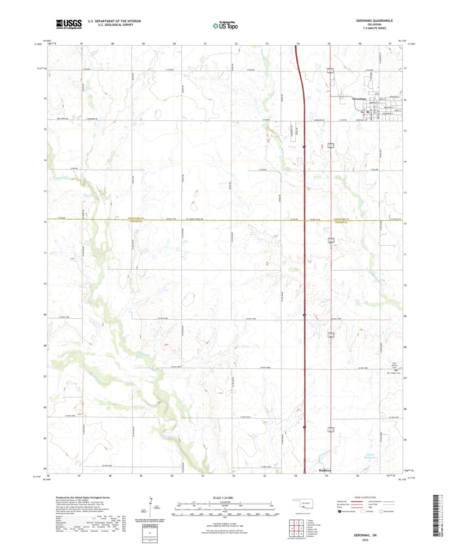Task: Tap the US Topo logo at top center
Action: (x=225, y=25)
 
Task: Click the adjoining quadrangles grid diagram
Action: (x=293, y=527)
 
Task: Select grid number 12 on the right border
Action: (x=406, y=223)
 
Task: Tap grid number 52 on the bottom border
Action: (x=235, y=476)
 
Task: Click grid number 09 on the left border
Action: (x=44, y=316)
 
